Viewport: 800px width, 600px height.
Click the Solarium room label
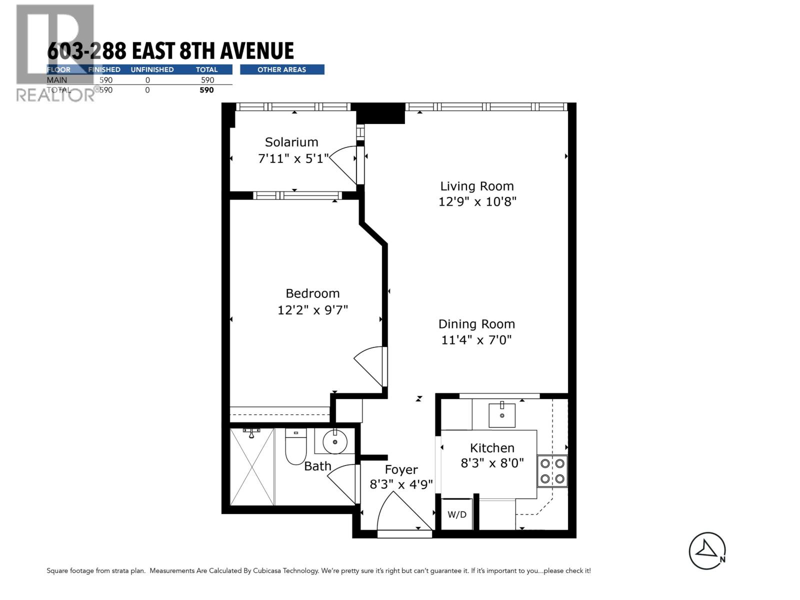tap(291, 142)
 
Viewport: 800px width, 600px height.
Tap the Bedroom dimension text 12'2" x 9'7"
tap(312, 310)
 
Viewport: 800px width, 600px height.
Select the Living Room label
tap(476, 186)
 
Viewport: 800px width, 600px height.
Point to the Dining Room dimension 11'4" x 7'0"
tap(476, 340)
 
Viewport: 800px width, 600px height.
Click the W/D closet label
tap(456, 514)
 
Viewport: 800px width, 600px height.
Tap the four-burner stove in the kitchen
tap(552, 471)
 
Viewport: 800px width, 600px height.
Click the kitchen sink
tap(501, 415)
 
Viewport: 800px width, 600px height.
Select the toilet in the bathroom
tap(295, 446)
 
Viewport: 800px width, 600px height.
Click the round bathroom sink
tap(334, 441)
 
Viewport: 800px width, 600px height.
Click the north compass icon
tap(707, 550)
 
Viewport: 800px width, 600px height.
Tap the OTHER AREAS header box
tap(282, 69)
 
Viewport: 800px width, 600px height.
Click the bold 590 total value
tap(206, 90)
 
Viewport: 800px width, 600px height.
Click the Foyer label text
tap(401, 469)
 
